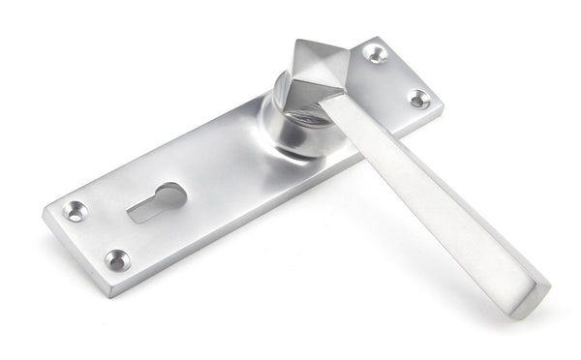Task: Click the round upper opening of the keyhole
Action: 174,191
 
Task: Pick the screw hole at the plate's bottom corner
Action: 115,258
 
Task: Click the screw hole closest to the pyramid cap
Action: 377,55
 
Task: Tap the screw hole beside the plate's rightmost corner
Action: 418,99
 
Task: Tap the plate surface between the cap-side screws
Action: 397,77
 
